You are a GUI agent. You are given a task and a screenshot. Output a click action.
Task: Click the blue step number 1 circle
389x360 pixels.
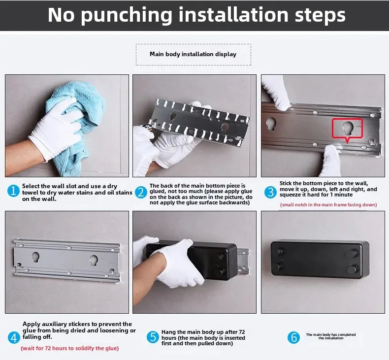[13, 191]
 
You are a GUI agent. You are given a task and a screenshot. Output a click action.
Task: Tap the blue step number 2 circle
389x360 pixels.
[141, 193]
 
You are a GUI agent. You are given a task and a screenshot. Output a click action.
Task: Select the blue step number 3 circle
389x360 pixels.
[270, 192]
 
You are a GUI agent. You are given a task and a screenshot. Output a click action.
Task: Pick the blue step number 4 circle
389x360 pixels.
[14, 338]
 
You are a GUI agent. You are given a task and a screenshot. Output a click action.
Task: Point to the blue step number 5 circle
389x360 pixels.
[153, 337]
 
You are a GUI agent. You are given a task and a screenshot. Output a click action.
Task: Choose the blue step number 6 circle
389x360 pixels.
[293, 337]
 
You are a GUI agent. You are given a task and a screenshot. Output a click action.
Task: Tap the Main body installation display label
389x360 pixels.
[193, 54]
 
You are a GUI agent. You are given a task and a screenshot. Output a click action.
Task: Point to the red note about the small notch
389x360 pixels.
[328, 205]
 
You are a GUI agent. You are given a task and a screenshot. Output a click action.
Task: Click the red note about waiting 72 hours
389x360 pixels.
[70, 348]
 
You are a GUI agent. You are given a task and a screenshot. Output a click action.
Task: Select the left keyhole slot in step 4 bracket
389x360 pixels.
[35, 257]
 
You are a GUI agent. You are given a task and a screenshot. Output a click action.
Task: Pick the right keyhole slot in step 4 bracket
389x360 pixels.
[94, 260]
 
